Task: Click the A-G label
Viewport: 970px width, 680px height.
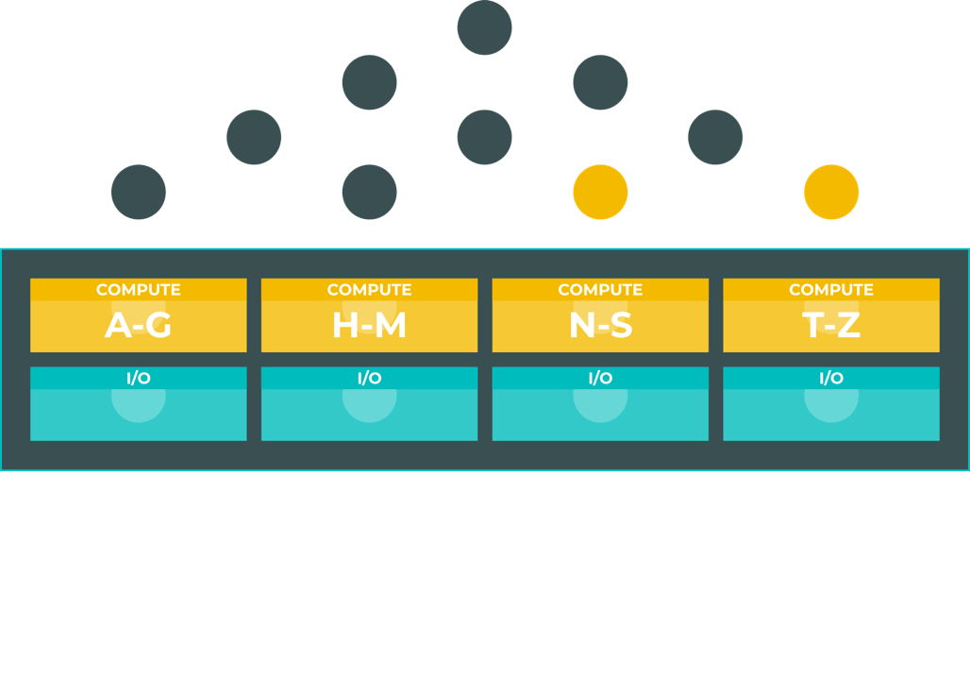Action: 138,325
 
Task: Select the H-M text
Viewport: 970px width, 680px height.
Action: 369,325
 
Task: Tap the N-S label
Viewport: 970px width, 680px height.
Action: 600,325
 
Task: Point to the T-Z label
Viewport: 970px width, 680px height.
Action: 831,325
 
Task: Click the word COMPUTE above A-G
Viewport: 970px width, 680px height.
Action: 139,290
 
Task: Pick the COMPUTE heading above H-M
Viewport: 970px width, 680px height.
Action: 369,290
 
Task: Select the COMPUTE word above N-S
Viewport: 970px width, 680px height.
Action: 600,290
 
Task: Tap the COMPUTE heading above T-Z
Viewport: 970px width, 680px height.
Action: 831,290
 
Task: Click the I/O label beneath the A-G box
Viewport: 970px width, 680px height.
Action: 139,378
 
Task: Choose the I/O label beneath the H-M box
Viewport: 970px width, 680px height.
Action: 369,378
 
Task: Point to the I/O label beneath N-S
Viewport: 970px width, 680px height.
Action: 600,378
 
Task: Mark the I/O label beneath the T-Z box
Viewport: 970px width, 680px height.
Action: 831,378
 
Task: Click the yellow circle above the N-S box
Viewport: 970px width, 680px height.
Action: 600,192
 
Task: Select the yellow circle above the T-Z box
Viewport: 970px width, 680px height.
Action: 831,192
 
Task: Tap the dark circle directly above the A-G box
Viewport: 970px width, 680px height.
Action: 139,192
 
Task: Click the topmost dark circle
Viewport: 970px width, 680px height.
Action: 484,27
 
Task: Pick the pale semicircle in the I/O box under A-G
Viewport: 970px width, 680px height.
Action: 139,405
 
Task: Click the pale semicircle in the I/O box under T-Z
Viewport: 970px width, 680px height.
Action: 831,405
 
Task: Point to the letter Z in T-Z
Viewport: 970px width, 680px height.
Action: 848,325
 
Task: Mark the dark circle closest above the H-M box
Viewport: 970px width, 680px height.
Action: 369,192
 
